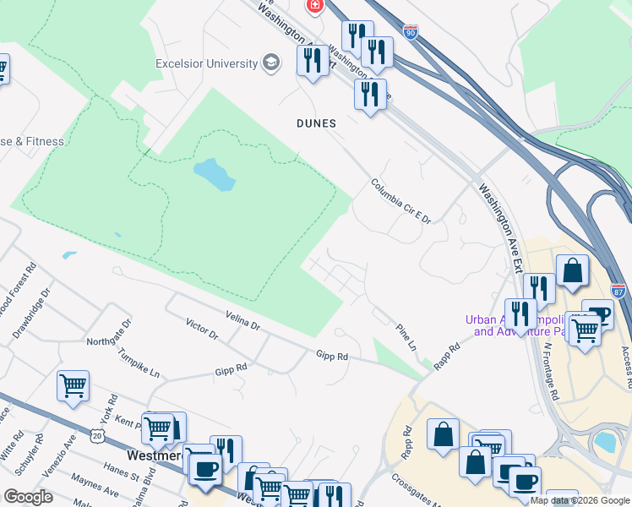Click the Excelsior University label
click(x=206, y=63)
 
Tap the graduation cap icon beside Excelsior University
click(x=271, y=63)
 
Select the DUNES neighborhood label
click(x=316, y=123)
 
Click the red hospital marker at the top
click(x=315, y=6)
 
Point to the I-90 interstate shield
click(x=410, y=32)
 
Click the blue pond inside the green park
click(x=215, y=175)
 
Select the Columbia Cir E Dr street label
click(x=401, y=201)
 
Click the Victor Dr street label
click(x=202, y=330)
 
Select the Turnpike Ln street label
click(x=139, y=363)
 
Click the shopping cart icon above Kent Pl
click(x=73, y=386)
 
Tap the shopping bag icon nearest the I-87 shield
click(x=573, y=272)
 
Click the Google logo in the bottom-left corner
click(x=28, y=496)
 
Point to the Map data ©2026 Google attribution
click(x=580, y=500)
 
